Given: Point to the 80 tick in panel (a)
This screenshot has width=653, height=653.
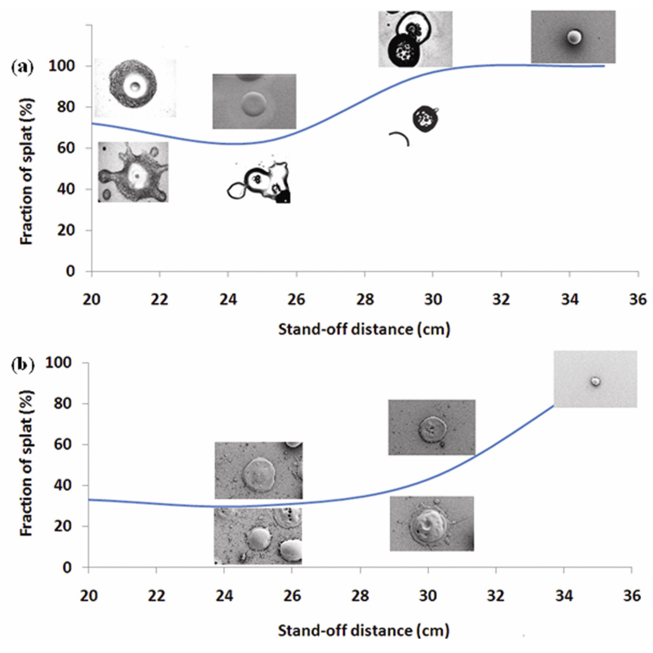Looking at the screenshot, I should tap(65, 107).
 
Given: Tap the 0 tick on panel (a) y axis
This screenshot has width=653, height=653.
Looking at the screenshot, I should tap(70, 271).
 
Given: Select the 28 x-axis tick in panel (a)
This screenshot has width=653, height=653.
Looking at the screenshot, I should tap(365, 300).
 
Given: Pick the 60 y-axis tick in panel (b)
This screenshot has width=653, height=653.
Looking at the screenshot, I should tap(63, 444).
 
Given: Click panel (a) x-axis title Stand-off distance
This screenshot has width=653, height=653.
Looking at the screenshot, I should tap(364, 329).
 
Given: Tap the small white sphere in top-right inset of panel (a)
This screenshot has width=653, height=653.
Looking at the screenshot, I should tap(573, 37).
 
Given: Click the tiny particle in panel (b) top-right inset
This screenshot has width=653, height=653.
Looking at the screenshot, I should tap(595, 381).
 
